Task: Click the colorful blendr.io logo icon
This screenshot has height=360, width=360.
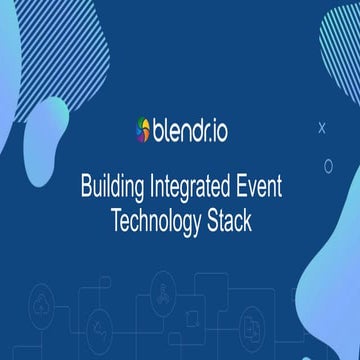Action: [143, 130]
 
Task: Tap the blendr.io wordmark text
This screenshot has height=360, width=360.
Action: [190, 130]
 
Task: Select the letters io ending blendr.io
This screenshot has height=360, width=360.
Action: [218, 130]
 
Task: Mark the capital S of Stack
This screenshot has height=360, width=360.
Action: [210, 220]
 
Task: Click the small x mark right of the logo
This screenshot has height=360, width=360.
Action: [321, 127]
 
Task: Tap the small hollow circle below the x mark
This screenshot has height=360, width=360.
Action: [328, 165]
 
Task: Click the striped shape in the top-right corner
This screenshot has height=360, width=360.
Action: [340, 40]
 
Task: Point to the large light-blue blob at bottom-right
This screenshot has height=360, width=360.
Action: [320, 300]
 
